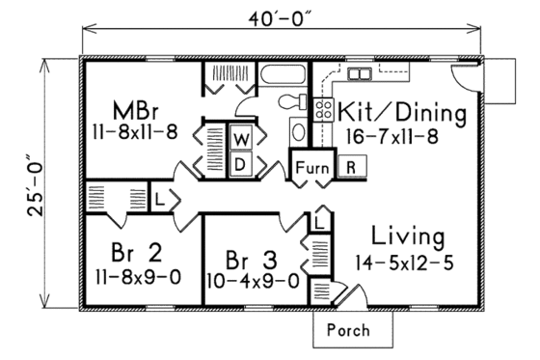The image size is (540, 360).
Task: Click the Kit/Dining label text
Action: (402, 114)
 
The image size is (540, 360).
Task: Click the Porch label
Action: (348, 330)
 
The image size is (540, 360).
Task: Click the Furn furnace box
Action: (309, 166)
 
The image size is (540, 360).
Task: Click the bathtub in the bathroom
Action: (282, 78)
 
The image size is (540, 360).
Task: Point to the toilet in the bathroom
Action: (288, 102)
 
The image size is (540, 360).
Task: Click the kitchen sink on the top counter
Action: (361, 74)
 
